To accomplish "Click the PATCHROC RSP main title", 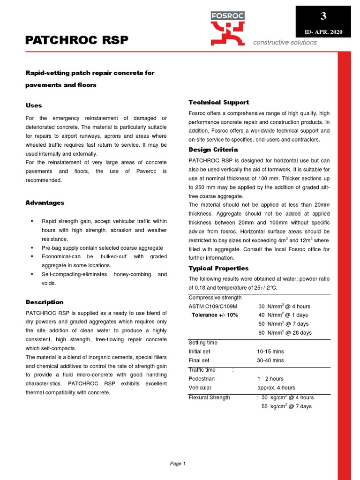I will pyautogui.click(x=76, y=40).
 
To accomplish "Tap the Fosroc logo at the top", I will pyautogui.click(x=227, y=28).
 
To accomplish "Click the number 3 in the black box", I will pyautogui.click(x=323, y=16).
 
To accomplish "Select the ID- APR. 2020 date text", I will pyautogui.click(x=323, y=32).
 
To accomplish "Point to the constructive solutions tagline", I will pyautogui.click(x=285, y=42).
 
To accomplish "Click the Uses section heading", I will pyautogui.click(x=33, y=105).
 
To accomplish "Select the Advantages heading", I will pyautogui.click(x=45, y=202).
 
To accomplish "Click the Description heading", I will pyautogui.click(x=44, y=302).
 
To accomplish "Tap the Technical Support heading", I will pyautogui.click(x=218, y=102).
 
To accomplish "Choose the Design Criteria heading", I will pyautogui.click(x=213, y=150).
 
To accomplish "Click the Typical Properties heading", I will pyautogui.click(x=218, y=268).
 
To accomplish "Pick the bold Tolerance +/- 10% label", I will pyautogui.click(x=215, y=315).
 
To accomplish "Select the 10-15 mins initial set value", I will pyautogui.click(x=270, y=351).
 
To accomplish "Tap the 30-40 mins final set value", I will pyautogui.click(x=270, y=360).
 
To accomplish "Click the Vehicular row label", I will pyautogui.click(x=200, y=388).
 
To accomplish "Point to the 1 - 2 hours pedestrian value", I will pyautogui.click(x=270, y=378).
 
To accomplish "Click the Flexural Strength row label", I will pyautogui.click(x=209, y=397).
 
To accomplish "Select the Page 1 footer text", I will pyautogui.click(x=178, y=464).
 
